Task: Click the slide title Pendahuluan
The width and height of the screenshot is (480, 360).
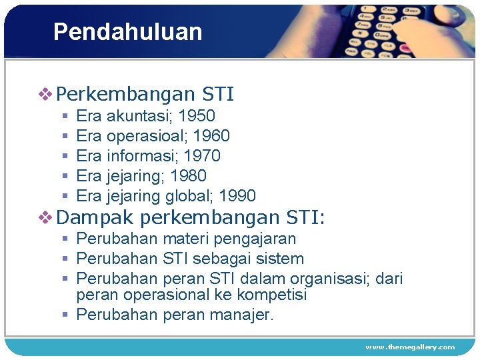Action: [127, 32]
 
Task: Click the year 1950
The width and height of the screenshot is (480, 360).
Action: [197, 116]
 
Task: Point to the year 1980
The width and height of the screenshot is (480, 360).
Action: [188, 176]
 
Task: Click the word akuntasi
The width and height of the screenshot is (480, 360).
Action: [139, 116]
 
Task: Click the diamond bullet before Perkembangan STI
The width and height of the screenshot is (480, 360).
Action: [45, 95]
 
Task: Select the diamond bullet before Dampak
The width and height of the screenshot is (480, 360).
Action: [45, 217]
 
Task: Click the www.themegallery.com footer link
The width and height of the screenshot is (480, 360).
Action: [409, 347]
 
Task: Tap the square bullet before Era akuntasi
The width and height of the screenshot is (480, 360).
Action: [65, 117]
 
